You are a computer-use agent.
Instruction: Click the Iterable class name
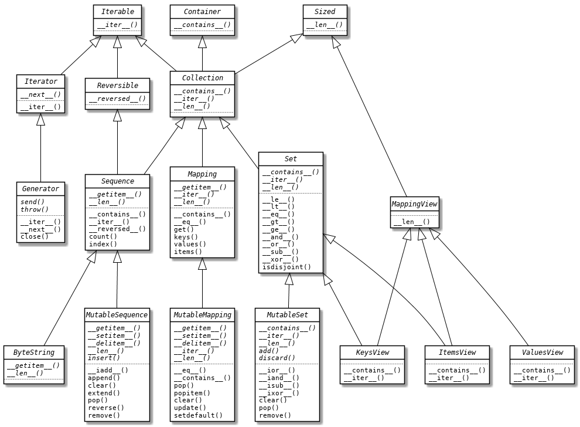click(x=117, y=12)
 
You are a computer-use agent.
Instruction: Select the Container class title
click(x=202, y=12)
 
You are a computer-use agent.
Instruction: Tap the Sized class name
click(x=325, y=12)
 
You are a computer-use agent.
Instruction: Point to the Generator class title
click(x=40, y=189)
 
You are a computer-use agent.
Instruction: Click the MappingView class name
click(x=414, y=205)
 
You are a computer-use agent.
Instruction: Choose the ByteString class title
click(x=33, y=353)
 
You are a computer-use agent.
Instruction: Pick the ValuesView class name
click(x=542, y=353)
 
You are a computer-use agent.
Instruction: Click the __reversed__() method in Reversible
click(x=117, y=99)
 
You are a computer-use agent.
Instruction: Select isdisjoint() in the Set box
click(x=286, y=267)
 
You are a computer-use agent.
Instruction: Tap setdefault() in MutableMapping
click(x=198, y=415)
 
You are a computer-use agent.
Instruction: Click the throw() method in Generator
click(x=35, y=209)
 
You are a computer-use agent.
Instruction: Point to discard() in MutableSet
click(x=277, y=358)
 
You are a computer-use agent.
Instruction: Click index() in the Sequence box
click(x=103, y=244)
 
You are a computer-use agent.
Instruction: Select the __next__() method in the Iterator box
click(x=40, y=94)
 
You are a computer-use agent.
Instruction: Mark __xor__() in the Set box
click(x=280, y=259)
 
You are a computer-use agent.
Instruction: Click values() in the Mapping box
click(x=190, y=244)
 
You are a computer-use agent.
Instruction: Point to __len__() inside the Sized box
click(x=325, y=25)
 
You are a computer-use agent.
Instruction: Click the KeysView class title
click(x=372, y=353)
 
